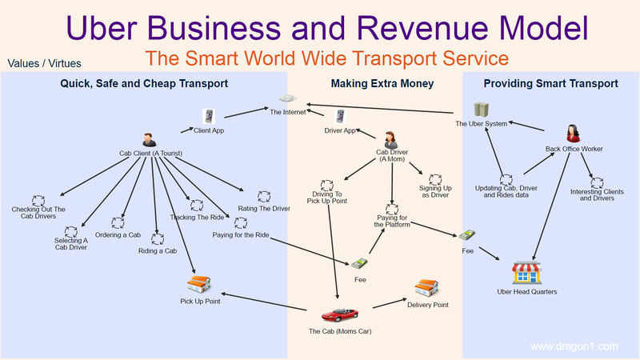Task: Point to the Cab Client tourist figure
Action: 148,139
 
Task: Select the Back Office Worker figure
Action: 574,133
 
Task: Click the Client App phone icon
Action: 209,116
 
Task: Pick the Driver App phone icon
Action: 340,116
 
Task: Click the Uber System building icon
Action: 480,110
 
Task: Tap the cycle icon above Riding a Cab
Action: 158,238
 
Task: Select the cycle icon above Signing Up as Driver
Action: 435,180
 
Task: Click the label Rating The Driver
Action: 264,209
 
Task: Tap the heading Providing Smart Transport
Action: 550,83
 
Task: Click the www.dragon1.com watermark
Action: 574,346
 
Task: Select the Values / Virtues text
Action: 44,62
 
